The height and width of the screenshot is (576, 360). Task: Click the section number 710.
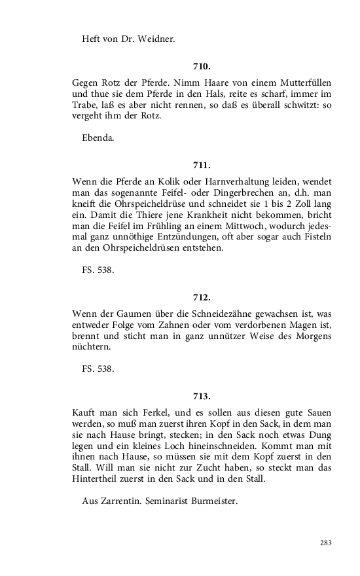pyautogui.click(x=202, y=67)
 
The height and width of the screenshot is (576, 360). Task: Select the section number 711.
pyautogui.click(x=202, y=165)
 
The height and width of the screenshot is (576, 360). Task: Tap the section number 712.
pyautogui.click(x=202, y=298)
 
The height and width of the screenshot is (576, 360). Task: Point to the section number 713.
pyautogui.click(x=202, y=396)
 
